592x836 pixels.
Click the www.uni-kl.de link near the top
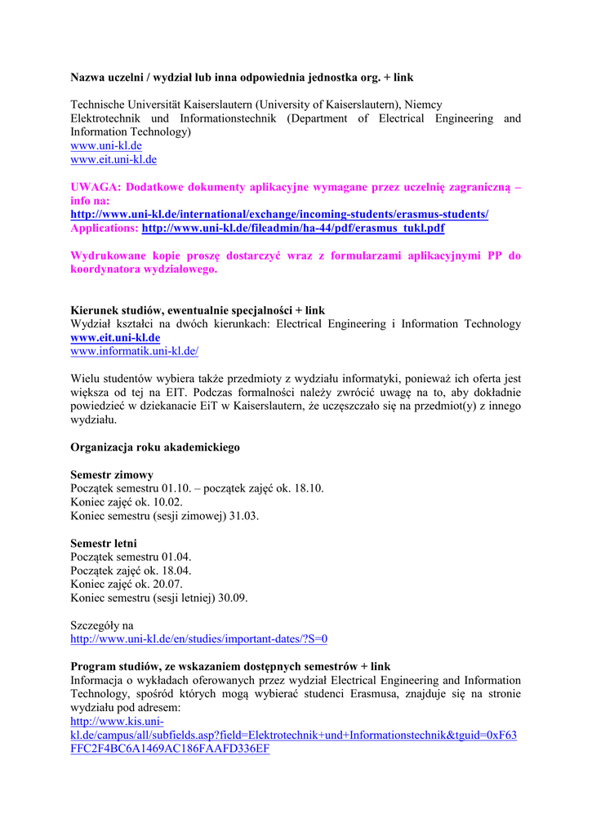pos(106,145)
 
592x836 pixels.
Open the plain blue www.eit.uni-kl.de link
pos(114,159)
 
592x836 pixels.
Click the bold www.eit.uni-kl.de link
pos(115,337)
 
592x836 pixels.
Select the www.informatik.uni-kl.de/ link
pos(135,351)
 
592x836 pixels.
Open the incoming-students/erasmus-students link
pos(279,214)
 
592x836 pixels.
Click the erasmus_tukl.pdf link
pos(293,228)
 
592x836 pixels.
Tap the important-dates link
pos(199,639)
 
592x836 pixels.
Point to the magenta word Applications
pos(105,228)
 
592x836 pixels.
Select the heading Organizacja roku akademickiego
pos(155,447)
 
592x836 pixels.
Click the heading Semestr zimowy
pos(112,474)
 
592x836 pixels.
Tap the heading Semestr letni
pos(104,543)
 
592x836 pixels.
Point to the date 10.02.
pos(167,502)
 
